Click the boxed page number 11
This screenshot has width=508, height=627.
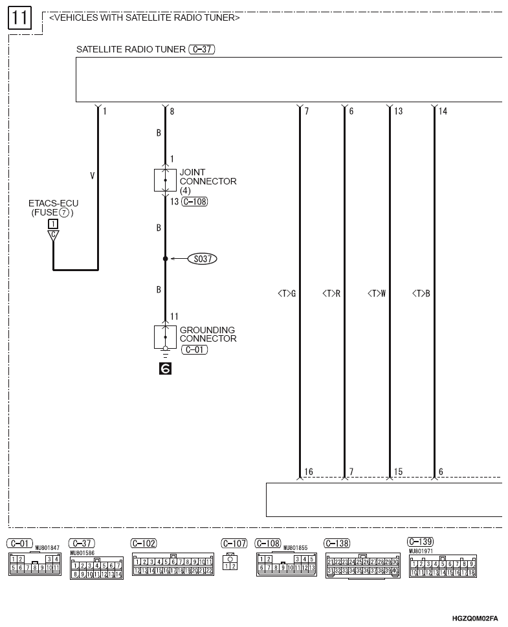coord(19,17)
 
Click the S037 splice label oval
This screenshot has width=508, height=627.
coord(203,259)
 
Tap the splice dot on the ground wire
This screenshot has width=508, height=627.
coord(165,259)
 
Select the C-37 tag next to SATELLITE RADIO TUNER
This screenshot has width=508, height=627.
coord(201,49)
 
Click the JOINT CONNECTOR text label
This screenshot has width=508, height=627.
coord(208,177)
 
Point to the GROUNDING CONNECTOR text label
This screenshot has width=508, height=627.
coord(208,335)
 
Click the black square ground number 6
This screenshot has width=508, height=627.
coord(165,369)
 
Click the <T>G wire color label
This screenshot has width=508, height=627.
coord(286,294)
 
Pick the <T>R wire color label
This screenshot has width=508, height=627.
coord(331,294)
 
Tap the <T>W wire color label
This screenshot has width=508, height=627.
coord(377,294)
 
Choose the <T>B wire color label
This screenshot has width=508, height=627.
coord(421,294)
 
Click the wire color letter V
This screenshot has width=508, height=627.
coord(92,174)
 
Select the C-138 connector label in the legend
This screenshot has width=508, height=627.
coord(338,544)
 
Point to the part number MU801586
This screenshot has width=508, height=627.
coord(83,553)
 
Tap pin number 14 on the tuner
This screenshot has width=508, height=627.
coord(443,111)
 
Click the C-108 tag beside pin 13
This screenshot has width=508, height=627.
coord(195,202)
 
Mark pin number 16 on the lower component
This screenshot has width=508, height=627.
coord(309,472)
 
